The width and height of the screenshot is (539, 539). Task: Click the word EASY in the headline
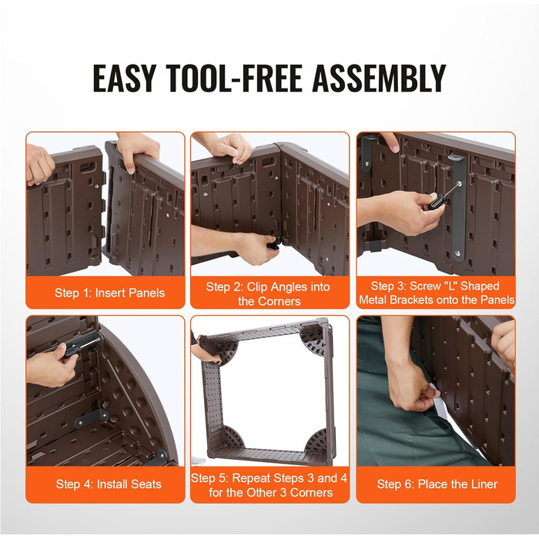126,78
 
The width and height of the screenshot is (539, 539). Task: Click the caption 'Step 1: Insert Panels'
109,293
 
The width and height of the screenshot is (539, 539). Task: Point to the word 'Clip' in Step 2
259,286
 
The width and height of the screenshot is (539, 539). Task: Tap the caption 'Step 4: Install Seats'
109,484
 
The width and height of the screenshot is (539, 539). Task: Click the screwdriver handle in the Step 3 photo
437,202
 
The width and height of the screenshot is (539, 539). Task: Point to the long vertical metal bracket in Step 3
458,206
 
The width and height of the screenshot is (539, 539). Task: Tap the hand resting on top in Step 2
230,149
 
